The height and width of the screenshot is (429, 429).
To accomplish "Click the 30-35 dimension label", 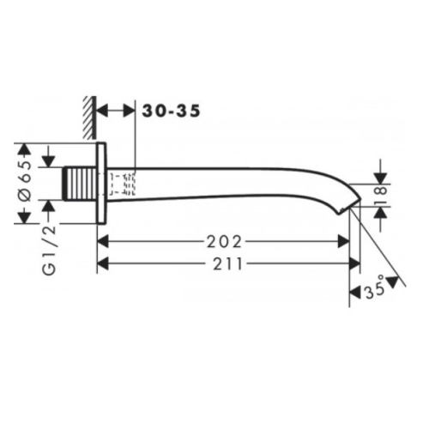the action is [171, 111].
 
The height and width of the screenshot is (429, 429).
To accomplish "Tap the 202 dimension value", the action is [224, 242].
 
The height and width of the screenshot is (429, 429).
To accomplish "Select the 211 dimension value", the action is [227, 263].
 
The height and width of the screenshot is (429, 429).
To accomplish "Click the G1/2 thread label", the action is [49, 250].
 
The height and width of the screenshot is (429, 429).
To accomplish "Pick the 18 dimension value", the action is [381, 197].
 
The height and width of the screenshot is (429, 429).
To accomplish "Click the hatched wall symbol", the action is [89, 118].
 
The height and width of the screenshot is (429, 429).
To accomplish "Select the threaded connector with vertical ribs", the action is [80, 184].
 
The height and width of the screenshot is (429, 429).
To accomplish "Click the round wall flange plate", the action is [102, 183].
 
